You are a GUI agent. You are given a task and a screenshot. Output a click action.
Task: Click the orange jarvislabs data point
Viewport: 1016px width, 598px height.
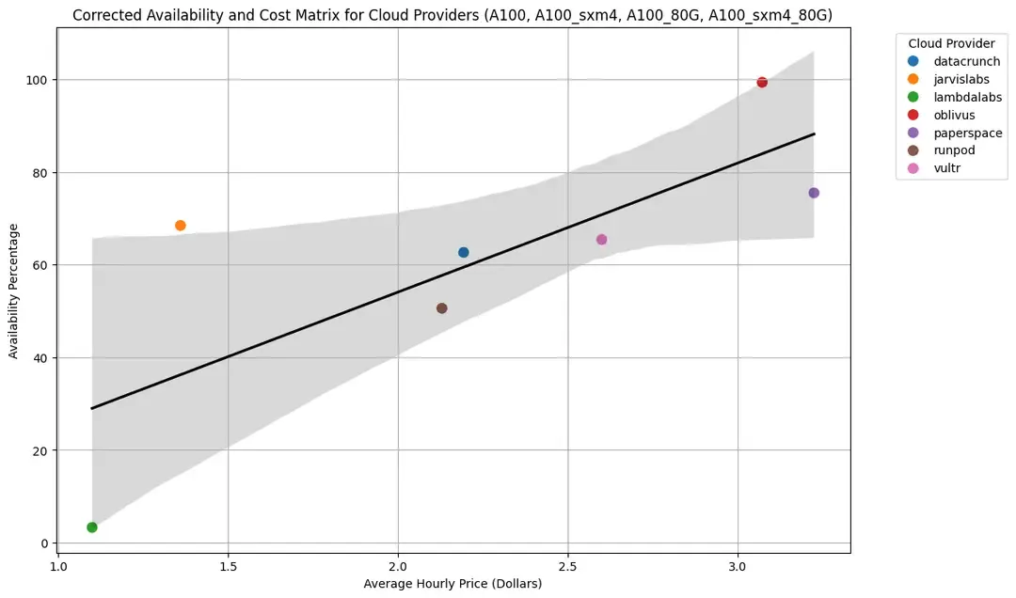pyautogui.click(x=181, y=226)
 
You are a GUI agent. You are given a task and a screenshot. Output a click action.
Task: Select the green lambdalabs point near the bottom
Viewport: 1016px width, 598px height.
pyautogui.click(x=92, y=527)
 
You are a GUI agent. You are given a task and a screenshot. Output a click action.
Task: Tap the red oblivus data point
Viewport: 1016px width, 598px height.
pyautogui.click(x=762, y=83)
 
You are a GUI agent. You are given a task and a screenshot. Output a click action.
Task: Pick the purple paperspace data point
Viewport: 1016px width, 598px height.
pyautogui.click(x=814, y=193)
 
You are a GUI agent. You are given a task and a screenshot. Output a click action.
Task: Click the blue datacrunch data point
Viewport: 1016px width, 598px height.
pyautogui.click(x=464, y=253)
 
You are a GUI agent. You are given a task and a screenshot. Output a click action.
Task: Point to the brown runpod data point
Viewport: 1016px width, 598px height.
pyautogui.click(x=442, y=308)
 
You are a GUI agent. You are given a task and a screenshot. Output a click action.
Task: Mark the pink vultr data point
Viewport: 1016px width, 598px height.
pyautogui.click(x=602, y=240)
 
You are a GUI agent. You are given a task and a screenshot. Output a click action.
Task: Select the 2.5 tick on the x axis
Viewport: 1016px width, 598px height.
pyautogui.click(x=567, y=568)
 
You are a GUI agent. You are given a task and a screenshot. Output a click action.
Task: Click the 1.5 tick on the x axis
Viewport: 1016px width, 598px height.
pyautogui.click(x=228, y=568)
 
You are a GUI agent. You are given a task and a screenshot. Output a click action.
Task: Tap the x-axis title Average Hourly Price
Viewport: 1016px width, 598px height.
pyautogui.click(x=452, y=585)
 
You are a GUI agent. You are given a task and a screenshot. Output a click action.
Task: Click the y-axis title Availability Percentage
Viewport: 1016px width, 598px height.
pyautogui.click(x=14, y=291)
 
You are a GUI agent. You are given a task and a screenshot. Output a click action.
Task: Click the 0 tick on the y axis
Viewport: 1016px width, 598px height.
pyautogui.click(x=45, y=543)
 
